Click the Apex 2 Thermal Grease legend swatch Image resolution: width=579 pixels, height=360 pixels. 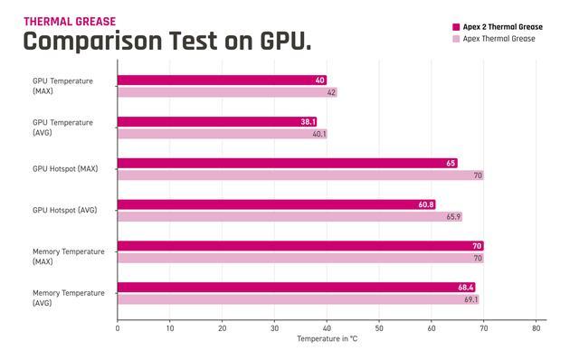point(456,27)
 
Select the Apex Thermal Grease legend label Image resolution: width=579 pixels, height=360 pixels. point(498,39)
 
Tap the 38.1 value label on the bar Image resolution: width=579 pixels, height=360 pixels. point(308,122)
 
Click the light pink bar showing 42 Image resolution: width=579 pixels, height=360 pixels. point(227,92)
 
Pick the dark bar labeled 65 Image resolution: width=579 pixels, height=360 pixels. point(288,163)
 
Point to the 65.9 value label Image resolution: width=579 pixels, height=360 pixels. point(453,217)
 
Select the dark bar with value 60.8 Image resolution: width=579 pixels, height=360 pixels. point(277,204)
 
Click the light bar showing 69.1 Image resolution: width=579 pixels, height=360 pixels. point(298,299)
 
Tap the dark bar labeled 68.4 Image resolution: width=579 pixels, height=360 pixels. point(296,288)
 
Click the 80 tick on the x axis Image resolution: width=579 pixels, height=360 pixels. point(536,328)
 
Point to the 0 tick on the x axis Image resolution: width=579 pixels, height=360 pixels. point(118,328)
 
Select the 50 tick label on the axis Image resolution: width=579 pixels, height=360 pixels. point(379,328)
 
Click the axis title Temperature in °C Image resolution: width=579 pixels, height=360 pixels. point(327,338)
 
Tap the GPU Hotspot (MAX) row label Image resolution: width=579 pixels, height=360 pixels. point(65,169)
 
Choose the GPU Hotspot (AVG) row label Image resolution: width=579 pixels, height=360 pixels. point(64,210)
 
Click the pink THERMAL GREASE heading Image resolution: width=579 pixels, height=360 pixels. point(70,22)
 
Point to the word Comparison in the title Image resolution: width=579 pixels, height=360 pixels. point(92,42)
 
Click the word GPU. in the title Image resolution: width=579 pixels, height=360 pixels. point(286,41)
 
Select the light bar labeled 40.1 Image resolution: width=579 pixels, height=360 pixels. point(223,134)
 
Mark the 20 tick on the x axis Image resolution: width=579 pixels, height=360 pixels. point(222,328)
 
